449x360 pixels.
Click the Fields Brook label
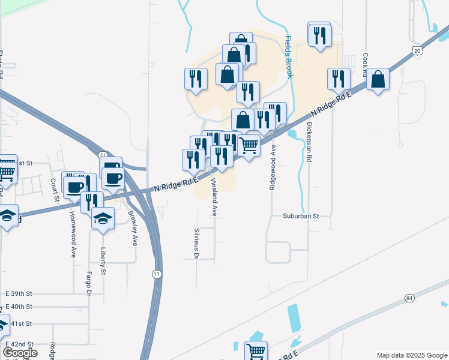(289, 57)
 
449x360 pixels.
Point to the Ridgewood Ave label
(273, 167)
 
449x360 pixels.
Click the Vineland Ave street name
(213, 199)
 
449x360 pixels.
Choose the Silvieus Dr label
(196, 244)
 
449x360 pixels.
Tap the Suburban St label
(301, 217)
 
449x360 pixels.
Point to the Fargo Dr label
(89, 284)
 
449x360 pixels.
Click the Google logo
(20, 353)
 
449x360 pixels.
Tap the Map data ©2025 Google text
(411, 355)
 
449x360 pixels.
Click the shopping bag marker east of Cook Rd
(378, 79)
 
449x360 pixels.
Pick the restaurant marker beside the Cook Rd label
(339, 79)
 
